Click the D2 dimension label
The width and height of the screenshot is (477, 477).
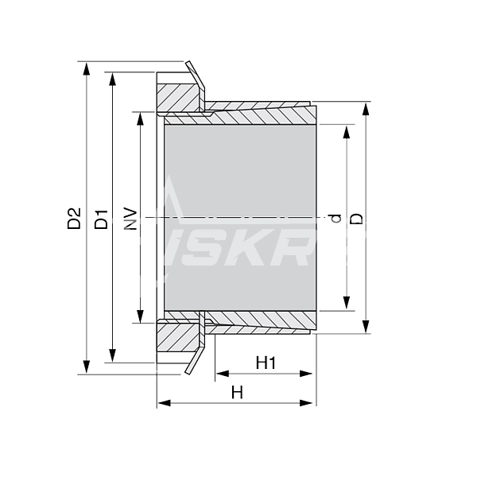pyautogui.click(x=74, y=218)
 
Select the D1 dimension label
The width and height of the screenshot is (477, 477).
pyautogui.click(x=101, y=218)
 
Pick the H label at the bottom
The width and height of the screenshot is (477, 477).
pyautogui.click(x=236, y=392)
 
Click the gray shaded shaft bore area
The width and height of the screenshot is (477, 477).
pyautogui.click(x=238, y=215)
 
